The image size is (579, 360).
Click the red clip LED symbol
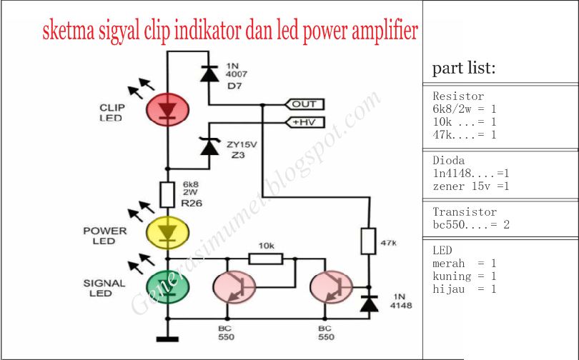(167, 109)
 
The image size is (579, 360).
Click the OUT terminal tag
(304, 104)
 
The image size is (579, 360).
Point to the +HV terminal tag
(304, 123)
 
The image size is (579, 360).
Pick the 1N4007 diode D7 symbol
(209, 73)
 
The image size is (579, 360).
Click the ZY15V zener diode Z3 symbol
(209, 147)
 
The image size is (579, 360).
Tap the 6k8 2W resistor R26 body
(167, 195)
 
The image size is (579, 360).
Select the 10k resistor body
(265, 258)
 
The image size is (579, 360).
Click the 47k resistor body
(369, 241)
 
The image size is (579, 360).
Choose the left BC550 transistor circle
(234, 287)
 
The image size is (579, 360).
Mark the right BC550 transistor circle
(330, 287)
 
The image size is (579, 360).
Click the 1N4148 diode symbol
(369, 304)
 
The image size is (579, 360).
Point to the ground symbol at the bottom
(167, 339)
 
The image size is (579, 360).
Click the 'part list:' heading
(463, 69)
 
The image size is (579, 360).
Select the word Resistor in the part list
(458, 96)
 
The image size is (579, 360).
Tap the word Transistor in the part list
(464, 212)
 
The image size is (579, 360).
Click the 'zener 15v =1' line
(471, 186)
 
